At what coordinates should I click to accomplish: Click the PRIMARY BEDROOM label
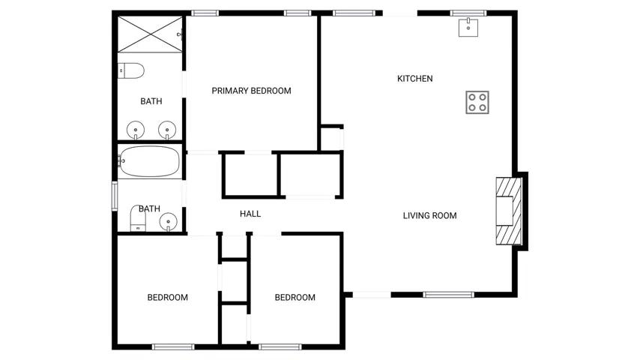pos(252,91)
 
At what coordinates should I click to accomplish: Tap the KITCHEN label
pos(414,79)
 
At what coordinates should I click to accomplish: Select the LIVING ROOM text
pos(430,215)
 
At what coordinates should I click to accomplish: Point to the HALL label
pos(250,214)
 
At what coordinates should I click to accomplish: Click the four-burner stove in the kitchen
pos(477,102)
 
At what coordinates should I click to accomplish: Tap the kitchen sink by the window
pos(468,28)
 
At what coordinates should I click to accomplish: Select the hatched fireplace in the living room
pos(509,211)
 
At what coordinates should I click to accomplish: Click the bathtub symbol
pos(149,161)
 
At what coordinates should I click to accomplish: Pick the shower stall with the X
pos(150,34)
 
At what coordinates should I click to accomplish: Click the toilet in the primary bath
pos(131,70)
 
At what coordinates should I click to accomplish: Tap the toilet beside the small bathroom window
pos(138,218)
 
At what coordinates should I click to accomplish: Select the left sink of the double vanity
pos(136,130)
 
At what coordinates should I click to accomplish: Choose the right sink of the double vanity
pos(167,130)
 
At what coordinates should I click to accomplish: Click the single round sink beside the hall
pos(168,222)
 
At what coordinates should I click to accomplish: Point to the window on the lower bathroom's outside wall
pos(115,196)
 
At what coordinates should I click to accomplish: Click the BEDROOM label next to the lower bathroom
pos(168,298)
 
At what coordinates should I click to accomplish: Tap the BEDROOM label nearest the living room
pos(295,298)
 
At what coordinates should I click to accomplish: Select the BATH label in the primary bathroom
pos(151,101)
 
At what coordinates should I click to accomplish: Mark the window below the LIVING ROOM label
pos(449,295)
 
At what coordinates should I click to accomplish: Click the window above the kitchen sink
pos(468,13)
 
